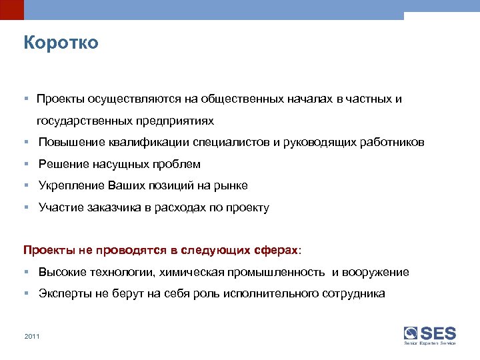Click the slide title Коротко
61,43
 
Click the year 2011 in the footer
32,336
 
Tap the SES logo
430,334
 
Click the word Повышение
69,143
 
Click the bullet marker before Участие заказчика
25,207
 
